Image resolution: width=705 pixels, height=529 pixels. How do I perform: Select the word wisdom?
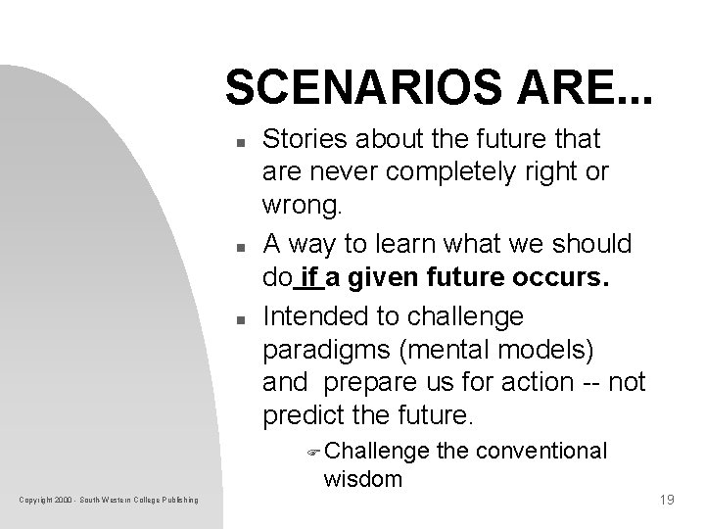(362, 479)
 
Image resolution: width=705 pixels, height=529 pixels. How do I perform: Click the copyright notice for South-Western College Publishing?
(108, 502)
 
